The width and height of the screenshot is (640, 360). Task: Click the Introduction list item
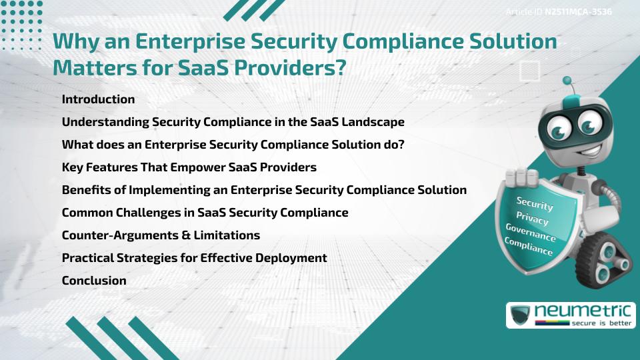pyautogui.click(x=98, y=99)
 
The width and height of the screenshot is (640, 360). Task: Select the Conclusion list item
pyautogui.click(x=94, y=281)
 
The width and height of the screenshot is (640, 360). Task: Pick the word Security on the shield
pyautogui.click(x=534, y=203)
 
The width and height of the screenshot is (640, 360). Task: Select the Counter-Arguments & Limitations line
pyautogui.click(x=161, y=235)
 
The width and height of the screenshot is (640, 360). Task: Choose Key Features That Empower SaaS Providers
pyautogui.click(x=189, y=167)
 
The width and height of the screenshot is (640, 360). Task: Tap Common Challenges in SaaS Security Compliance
pyautogui.click(x=205, y=213)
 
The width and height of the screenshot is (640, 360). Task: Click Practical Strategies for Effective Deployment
pyautogui.click(x=194, y=258)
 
